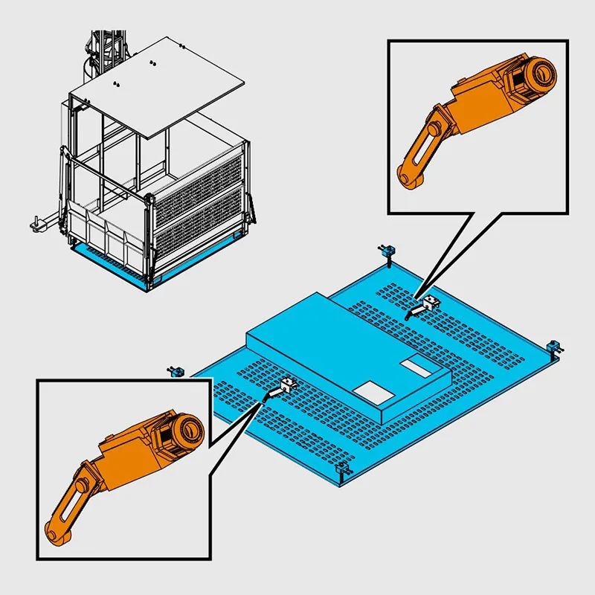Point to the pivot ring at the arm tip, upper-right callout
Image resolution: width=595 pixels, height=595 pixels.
coord(407,176)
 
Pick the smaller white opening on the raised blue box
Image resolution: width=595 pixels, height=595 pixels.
coord(415,365)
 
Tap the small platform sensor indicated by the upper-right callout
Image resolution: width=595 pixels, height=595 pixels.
coord(428,303)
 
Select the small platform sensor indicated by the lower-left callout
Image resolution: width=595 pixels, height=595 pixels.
coord(286,385)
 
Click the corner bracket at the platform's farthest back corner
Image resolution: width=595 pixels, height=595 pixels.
coord(387,252)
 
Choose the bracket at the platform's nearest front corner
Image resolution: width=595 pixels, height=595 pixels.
coord(342,470)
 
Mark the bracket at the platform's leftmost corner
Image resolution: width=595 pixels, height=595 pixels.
coord(177,370)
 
